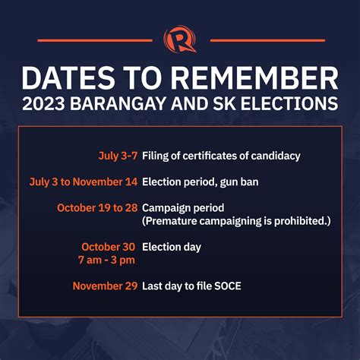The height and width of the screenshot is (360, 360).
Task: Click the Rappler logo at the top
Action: click(180, 39)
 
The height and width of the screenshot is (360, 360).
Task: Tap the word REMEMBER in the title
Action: click(261, 78)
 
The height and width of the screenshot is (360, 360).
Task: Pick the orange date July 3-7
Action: click(117, 156)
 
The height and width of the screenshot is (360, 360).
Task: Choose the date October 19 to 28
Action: click(96, 207)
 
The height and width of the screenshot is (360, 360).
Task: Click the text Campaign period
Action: click(183, 207)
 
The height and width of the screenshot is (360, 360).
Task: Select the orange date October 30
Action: click(109, 247)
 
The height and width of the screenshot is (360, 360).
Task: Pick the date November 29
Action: click(105, 286)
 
